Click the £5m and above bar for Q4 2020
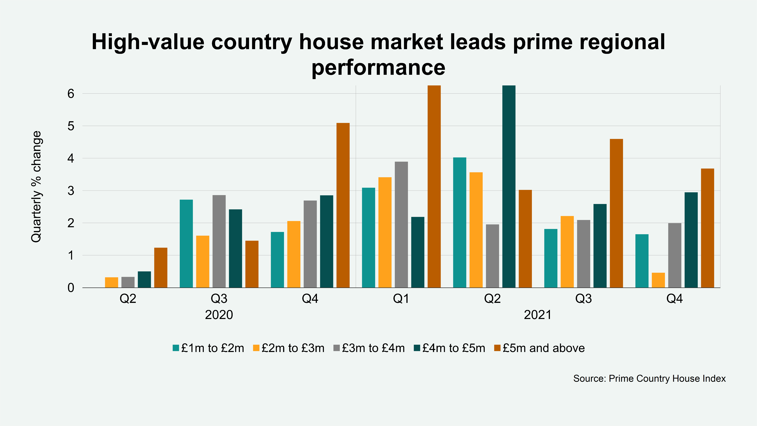343,205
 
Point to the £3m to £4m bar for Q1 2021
401,224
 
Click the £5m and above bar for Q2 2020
161,268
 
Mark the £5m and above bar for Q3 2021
616,213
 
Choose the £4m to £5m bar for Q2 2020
144,279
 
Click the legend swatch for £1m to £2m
176,348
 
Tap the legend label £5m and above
544,348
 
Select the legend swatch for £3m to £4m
336,348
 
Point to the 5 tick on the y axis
71,126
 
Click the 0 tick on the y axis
71,288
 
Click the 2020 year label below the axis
219,315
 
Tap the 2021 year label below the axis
537,315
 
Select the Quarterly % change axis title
36,187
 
